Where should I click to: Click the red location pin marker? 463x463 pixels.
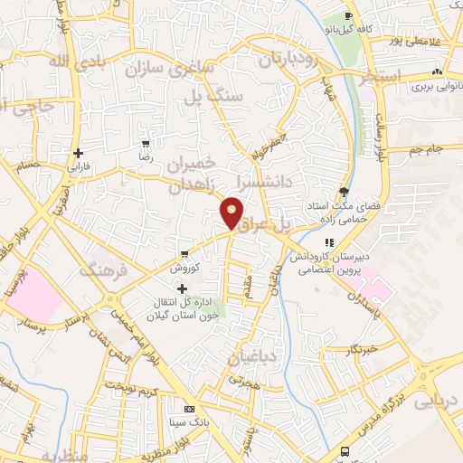(x=232, y=213)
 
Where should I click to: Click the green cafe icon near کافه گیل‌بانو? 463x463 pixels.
(x=352, y=17)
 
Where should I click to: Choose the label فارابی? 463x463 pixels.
(x=78, y=167)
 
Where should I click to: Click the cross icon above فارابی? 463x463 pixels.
(x=78, y=152)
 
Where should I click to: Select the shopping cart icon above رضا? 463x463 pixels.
(x=146, y=143)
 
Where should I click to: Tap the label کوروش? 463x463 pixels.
(x=183, y=269)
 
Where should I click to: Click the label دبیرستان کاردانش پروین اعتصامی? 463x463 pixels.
(x=330, y=264)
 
